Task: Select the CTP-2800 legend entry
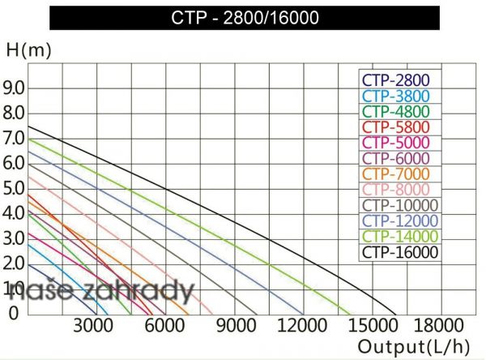pos(395,80)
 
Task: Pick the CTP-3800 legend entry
pos(395,96)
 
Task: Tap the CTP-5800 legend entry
pos(395,127)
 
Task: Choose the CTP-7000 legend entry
pos(395,174)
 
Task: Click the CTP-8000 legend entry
pos(395,190)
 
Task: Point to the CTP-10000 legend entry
pos(399,205)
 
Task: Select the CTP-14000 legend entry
pos(399,237)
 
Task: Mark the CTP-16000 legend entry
pos(399,252)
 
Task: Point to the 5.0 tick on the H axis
pos(15,188)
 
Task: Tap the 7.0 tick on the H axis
pos(15,138)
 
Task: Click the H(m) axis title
pos(28,49)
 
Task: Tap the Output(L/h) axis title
pos(414,346)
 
